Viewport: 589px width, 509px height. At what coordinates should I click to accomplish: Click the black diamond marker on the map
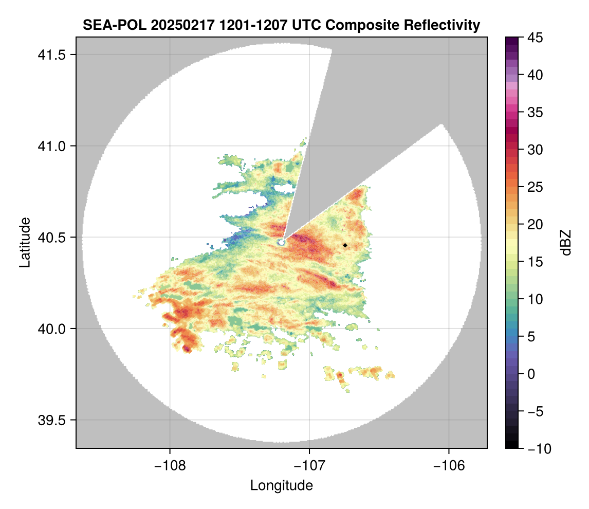click(345, 245)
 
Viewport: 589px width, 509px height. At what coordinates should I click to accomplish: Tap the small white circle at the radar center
click(281, 242)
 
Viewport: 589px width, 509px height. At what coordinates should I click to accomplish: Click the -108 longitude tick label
click(170, 466)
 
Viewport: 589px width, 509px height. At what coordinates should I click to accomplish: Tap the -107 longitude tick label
click(309, 466)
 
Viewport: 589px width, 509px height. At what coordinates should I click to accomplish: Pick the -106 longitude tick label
click(449, 466)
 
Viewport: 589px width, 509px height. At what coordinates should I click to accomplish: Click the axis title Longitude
click(281, 485)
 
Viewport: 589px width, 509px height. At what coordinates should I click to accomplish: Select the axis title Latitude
click(24, 242)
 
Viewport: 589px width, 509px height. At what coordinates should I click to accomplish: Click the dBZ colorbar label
click(566, 243)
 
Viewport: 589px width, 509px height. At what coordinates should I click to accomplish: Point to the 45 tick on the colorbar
click(533, 38)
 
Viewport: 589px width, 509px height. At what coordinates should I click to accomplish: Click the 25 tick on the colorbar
click(533, 187)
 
